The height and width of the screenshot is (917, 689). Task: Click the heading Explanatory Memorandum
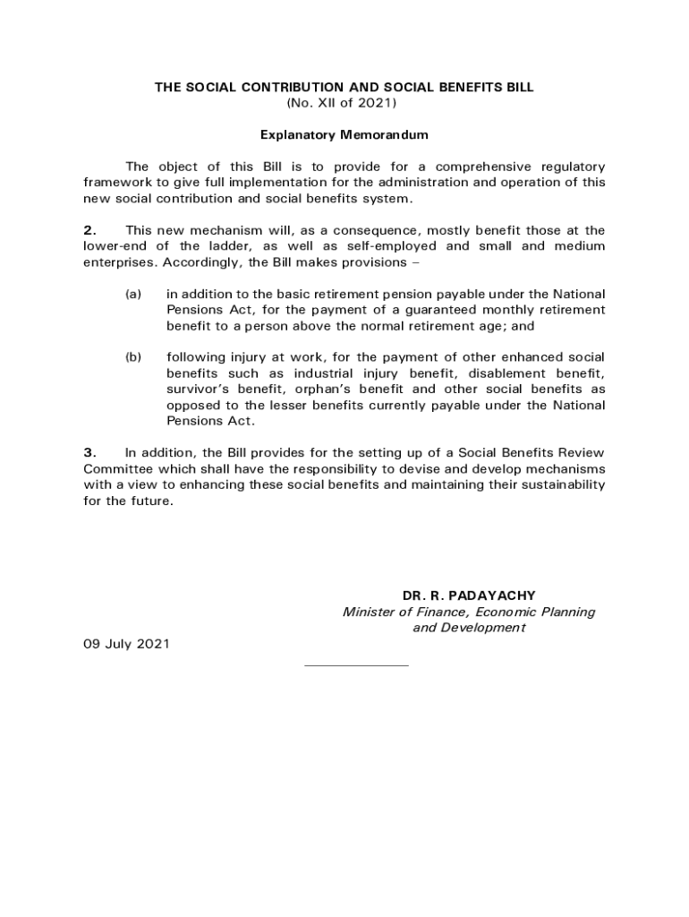click(344, 135)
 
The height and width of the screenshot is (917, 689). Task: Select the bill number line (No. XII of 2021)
click(344, 103)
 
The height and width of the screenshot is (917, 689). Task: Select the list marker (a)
click(133, 294)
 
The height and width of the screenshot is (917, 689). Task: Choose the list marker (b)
click(133, 357)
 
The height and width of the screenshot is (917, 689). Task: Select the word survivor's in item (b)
click(199, 390)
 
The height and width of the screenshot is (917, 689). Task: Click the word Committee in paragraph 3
click(116, 469)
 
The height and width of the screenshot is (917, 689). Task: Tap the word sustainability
click(556, 485)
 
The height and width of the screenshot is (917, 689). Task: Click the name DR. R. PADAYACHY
click(469, 596)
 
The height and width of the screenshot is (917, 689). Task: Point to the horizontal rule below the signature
click(356, 665)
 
